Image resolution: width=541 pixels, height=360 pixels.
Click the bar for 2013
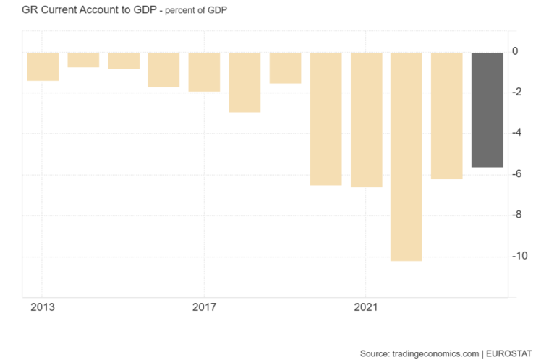(43, 67)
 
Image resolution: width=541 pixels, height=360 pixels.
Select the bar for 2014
(83, 60)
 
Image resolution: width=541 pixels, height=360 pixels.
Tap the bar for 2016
(163, 70)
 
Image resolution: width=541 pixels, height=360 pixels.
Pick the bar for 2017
(204, 72)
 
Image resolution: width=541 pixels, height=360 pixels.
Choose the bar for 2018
(244, 82)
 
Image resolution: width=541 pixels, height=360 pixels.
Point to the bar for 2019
(285, 68)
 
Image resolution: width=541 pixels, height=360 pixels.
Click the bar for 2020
(325, 119)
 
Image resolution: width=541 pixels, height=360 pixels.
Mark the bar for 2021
(366, 120)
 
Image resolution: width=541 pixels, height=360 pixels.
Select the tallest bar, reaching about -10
(406, 157)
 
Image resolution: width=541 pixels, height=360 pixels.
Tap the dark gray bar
(487, 110)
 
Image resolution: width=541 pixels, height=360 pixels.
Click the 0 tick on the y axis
(515, 51)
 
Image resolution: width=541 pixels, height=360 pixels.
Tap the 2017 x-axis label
(204, 307)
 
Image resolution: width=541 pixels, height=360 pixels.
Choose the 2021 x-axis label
(366, 307)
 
